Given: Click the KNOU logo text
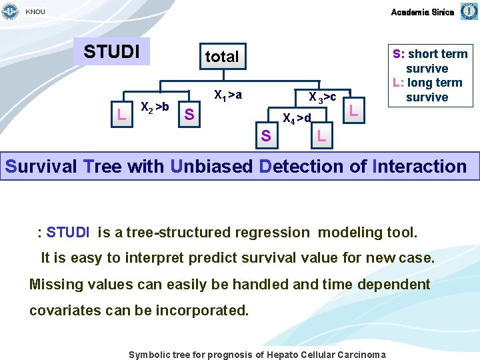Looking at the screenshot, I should (35, 12).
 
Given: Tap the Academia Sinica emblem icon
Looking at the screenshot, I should (469, 11).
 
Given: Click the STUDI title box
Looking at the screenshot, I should (111, 51).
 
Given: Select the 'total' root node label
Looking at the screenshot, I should (222, 57).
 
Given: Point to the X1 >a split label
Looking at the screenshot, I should (227, 95).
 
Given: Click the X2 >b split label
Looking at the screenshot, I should (155, 107).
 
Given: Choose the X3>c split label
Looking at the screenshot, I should (322, 97).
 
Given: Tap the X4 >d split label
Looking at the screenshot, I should (297, 119).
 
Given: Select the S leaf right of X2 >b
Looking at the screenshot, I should (189, 115).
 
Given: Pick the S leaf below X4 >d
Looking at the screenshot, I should (265, 137).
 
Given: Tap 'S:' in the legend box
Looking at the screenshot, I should (399, 54).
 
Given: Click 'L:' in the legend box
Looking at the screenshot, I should (398, 83).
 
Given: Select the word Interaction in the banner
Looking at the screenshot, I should (421, 166).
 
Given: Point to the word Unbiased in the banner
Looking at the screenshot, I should (212, 166).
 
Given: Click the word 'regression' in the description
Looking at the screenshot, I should (273, 233).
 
